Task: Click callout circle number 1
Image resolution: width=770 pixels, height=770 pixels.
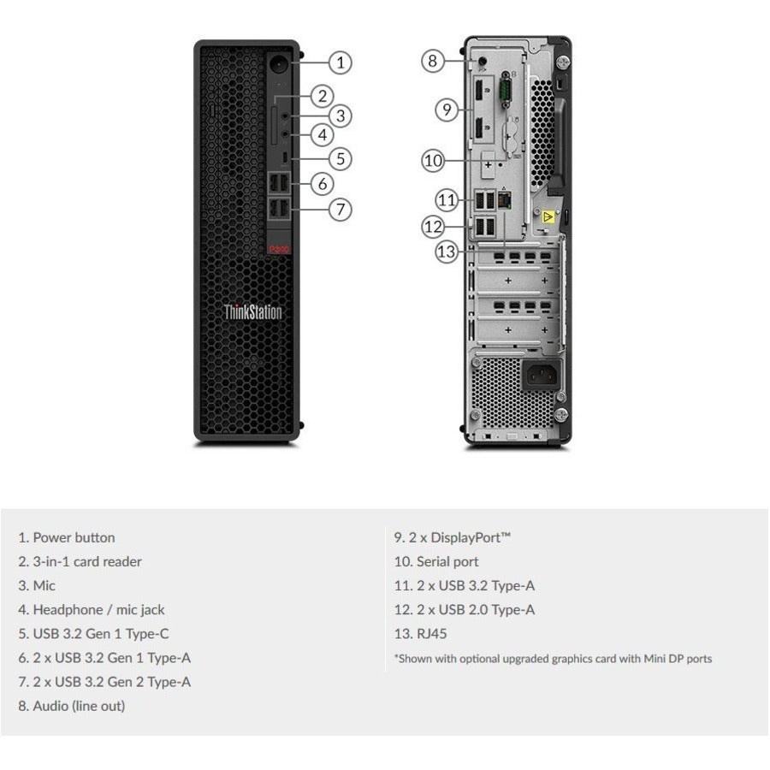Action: (x=341, y=62)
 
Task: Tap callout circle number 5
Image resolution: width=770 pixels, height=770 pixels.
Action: (x=341, y=158)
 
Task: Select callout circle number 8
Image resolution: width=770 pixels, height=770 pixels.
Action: (x=433, y=61)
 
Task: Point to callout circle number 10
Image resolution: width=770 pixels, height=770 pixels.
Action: (x=433, y=159)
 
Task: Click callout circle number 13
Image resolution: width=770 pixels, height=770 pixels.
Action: (x=447, y=252)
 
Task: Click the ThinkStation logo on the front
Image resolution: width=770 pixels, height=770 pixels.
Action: (x=252, y=312)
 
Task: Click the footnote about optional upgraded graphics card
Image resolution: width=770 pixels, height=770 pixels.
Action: (x=552, y=658)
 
